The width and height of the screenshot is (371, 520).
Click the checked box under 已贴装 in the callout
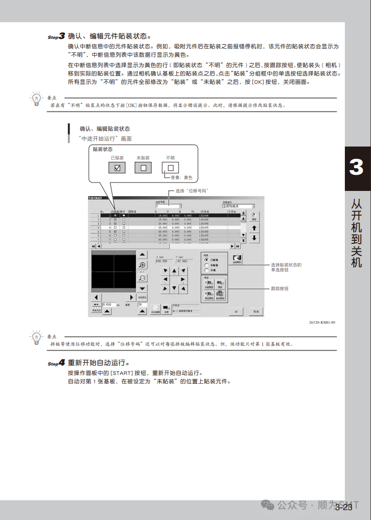click(x=117, y=167)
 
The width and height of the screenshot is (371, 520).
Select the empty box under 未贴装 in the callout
click(x=144, y=167)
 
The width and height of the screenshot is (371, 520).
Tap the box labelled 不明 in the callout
click(x=170, y=167)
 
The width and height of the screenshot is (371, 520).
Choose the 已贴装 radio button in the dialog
click(x=206, y=260)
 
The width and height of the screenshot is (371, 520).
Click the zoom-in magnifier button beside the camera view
click(x=142, y=265)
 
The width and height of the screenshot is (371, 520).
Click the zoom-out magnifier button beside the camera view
click(x=142, y=278)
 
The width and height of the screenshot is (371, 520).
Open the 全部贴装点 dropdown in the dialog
click(x=238, y=206)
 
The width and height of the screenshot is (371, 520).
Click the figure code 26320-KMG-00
click(x=322, y=323)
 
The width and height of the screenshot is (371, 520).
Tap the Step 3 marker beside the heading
click(x=56, y=37)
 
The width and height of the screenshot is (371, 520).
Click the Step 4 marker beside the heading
click(x=56, y=363)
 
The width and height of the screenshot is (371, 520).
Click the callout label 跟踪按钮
click(x=280, y=288)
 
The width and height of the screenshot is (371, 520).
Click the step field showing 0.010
click(x=109, y=305)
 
